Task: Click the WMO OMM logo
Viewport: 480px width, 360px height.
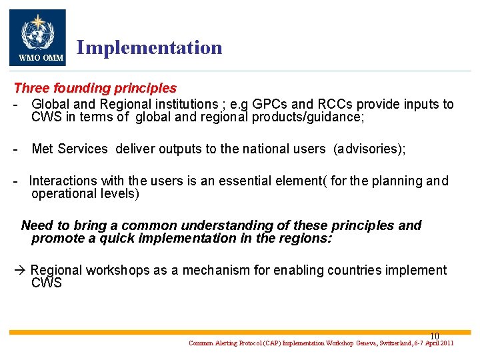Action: pos(37,37)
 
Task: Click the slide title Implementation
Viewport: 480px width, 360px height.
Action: pos(149,48)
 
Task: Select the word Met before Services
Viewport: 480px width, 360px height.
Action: pos(42,149)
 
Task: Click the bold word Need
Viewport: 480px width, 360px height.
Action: pos(37,225)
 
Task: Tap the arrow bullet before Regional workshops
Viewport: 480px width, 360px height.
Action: pos(20,270)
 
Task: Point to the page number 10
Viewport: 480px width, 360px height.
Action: pos(434,335)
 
